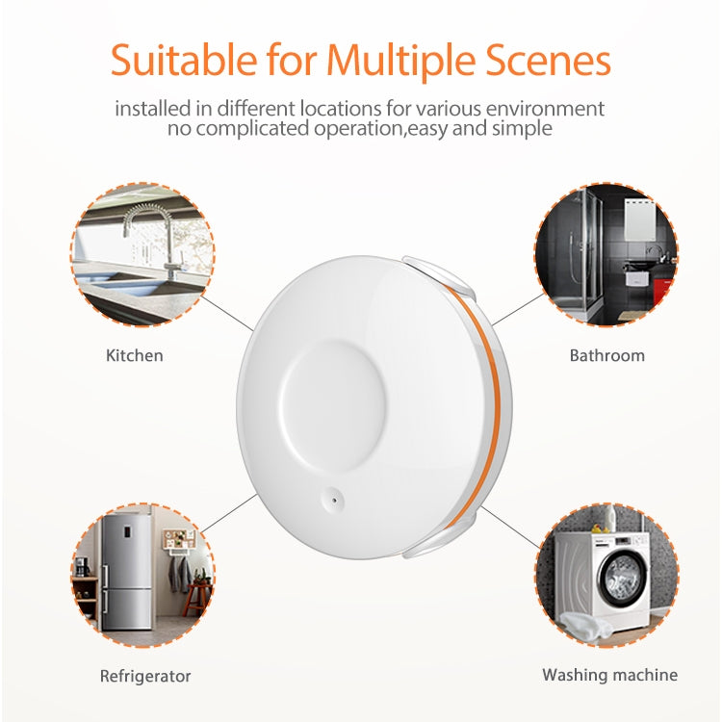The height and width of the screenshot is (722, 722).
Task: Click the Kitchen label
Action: (x=134, y=355)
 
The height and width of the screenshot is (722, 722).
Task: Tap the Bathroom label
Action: (x=606, y=355)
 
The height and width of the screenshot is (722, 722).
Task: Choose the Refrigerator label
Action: (x=145, y=676)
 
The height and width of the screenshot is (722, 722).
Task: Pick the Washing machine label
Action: (x=609, y=675)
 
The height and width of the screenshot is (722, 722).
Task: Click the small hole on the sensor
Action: (x=330, y=499)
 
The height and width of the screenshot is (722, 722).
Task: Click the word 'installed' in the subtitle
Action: (x=153, y=108)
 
